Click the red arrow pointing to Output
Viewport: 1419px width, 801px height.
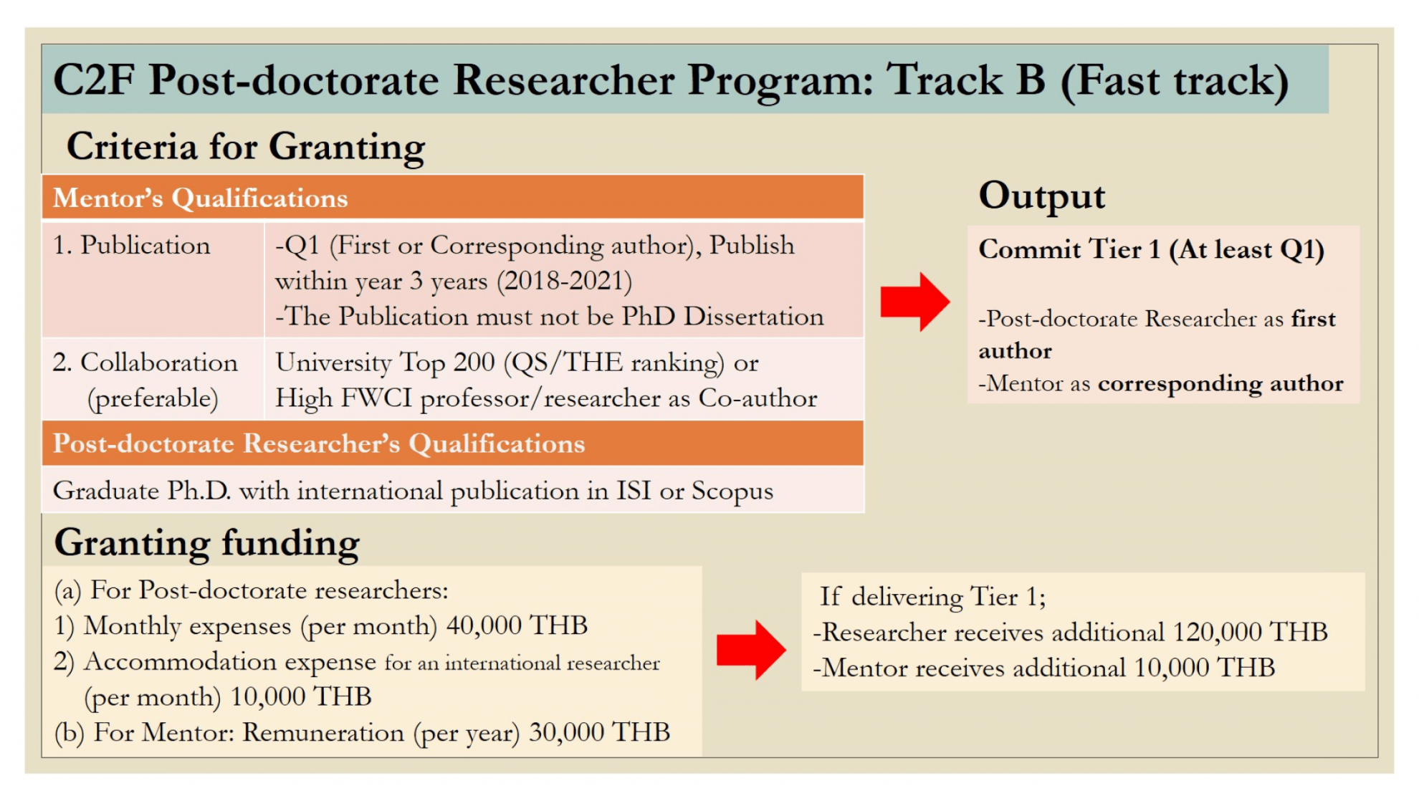(914, 301)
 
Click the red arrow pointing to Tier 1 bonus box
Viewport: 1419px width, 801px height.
(751, 649)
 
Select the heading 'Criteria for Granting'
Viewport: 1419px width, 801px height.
(245, 147)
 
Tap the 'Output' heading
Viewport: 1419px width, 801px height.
(1041, 196)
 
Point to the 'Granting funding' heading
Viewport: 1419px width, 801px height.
(206, 543)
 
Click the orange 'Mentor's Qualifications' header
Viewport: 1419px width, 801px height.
(200, 198)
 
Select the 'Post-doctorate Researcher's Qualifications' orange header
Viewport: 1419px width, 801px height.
(319, 444)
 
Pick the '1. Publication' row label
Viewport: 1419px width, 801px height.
(131, 246)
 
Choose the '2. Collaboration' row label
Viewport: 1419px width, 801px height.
(145, 363)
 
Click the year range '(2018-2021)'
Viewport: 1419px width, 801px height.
(568, 281)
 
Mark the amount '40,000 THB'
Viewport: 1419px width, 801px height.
(517, 626)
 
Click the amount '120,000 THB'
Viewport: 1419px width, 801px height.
(1250, 632)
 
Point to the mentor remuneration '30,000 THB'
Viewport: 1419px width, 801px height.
(599, 732)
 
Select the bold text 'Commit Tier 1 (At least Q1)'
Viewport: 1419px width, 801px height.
(1151, 249)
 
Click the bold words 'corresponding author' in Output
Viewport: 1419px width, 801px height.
(1220, 384)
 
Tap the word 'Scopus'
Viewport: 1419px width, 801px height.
(732, 491)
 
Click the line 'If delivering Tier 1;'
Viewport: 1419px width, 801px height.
(932, 597)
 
